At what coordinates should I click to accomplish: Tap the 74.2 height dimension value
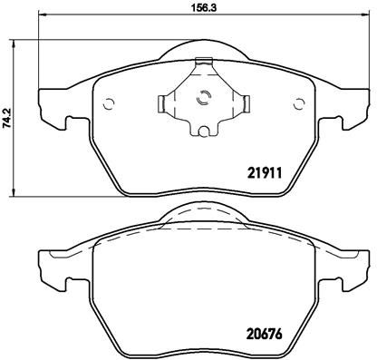(x=6, y=117)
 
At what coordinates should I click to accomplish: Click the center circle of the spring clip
(x=204, y=101)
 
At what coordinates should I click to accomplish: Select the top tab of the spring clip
(x=205, y=63)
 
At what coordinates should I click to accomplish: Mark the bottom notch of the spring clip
(x=203, y=134)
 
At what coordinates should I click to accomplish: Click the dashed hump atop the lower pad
(x=204, y=218)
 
